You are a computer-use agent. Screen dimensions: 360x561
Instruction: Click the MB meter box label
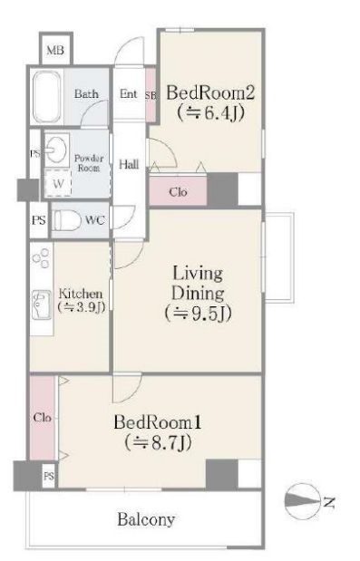[55, 50]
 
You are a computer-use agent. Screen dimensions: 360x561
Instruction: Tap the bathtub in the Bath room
[46, 97]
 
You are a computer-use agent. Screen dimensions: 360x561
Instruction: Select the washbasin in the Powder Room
[56, 150]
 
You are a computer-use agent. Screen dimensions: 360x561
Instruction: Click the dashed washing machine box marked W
[58, 183]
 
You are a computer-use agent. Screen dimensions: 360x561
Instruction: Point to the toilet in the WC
[67, 220]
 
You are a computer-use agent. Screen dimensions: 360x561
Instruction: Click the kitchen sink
[41, 305]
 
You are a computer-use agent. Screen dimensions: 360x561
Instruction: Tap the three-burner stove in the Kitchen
[41, 258]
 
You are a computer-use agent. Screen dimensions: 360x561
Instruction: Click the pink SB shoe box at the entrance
[151, 95]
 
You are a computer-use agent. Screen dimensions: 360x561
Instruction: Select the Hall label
[129, 164]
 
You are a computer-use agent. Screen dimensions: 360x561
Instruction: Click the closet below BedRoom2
[178, 191]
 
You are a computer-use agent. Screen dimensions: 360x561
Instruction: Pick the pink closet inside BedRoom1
[43, 417]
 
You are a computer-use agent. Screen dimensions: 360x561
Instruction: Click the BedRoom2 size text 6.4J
[210, 113]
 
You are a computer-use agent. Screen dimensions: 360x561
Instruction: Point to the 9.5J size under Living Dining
[198, 314]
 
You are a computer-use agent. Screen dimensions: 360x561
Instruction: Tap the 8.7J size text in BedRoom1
[158, 442]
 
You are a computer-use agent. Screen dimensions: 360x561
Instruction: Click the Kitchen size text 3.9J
[82, 307]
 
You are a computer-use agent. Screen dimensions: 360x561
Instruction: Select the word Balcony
[146, 519]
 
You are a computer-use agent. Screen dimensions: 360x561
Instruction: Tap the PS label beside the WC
[39, 220]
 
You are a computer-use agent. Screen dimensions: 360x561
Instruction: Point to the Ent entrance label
[128, 93]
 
